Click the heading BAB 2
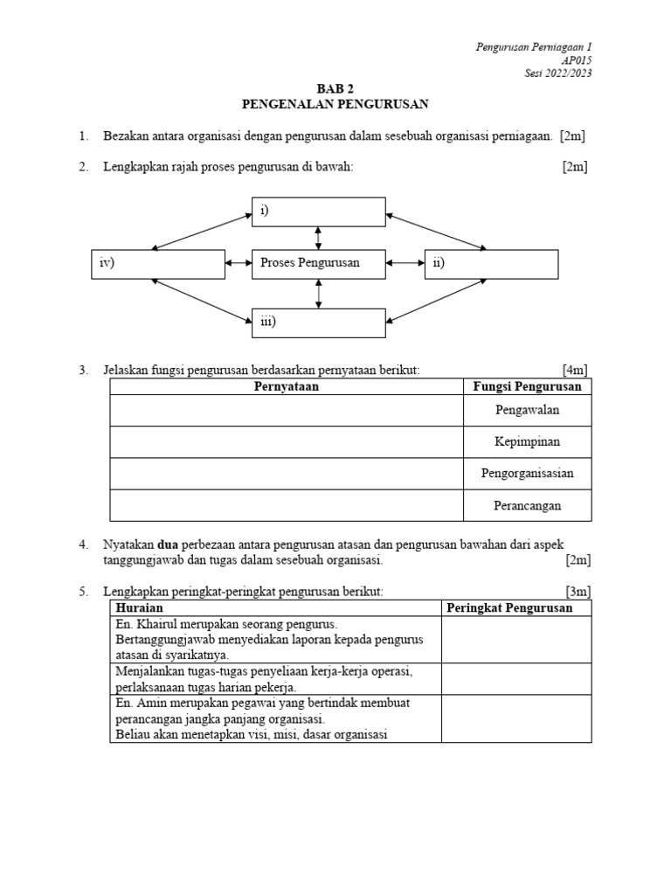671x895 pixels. pyautogui.click(x=335, y=89)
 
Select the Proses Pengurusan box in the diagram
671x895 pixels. pyautogui.click(x=318, y=263)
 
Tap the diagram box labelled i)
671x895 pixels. pyautogui.click(x=318, y=212)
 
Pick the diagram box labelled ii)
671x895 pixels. pyautogui.click(x=491, y=263)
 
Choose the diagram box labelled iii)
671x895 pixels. pyautogui.click(x=318, y=323)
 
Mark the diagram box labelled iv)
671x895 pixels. pyautogui.click(x=157, y=263)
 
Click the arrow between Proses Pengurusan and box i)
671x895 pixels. pyautogui.click(x=318, y=237)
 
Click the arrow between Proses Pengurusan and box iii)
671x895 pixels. pyautogui.click(x=318, y=293)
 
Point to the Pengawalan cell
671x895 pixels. pyautogui.click(x=527, y=409)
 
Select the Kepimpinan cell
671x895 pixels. pyautogui.click(x=527, y=441)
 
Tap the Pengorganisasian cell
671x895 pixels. pyautogui.click(x=527, y=474)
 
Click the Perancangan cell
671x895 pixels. pyautogui.click(x=527, y=505)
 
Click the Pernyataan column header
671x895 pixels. pyautogui.click(x=286, y=386)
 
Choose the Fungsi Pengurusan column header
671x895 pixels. pyautogui.click(x=527, y=386)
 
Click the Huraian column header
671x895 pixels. pyautogui.click(x=140, y=607)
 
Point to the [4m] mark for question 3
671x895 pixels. pyautogui.click(x=576, y=371)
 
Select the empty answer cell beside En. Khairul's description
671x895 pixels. pyautogui.click(x=515, y=639)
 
